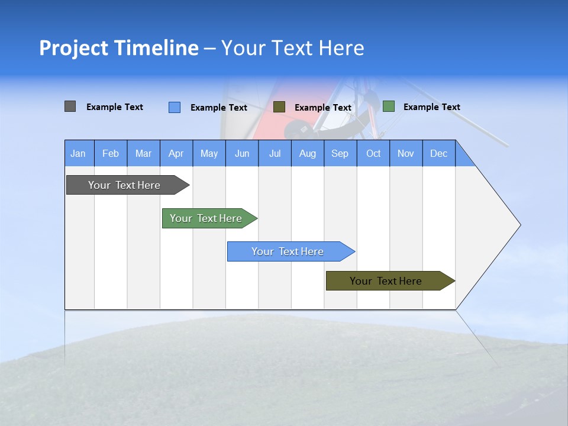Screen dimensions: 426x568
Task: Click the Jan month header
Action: (x=78, y=153)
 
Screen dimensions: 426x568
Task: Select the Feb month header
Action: (x=111, y=153)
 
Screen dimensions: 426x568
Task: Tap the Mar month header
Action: (x=143, y=153)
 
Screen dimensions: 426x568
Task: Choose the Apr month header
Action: (x=176, y=153)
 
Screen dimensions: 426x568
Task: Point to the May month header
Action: (x=209, y=153)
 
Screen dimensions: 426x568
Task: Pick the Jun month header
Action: (x=242, y=153)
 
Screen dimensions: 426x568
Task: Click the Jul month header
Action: (x=275, y=153)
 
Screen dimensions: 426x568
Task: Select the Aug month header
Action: (x=308, y=153)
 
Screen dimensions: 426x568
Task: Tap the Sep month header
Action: (x=340, y=153)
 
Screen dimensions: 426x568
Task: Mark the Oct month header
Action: (x=373, y=153)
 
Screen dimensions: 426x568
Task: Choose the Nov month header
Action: (x=406, y=153)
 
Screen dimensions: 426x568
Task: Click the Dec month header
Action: (x=439, y=153)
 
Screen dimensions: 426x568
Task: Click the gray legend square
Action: (x=70, y=106)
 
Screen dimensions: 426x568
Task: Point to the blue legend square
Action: (x=174, y=107)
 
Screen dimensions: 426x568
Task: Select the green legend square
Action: (x=388, y=106)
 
